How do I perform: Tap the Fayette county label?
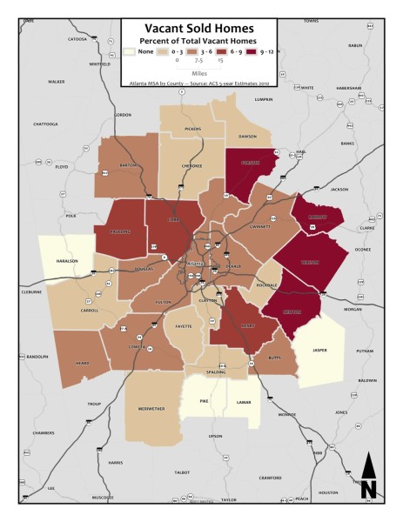tap(185, 327)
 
